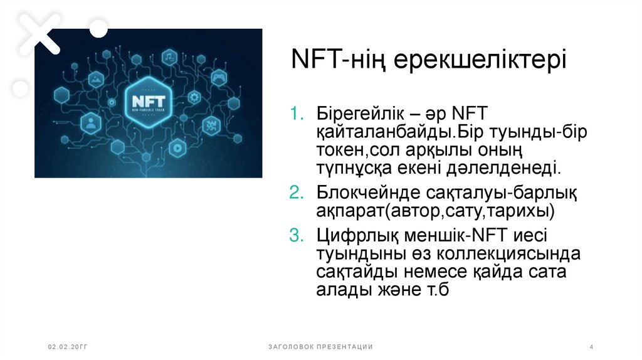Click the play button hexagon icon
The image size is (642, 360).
coord(177,148)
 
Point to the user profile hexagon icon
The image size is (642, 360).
coord(91,123)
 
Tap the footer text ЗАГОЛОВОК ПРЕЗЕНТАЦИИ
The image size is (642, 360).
coord(320,347)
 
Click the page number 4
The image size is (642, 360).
coord(592,347)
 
